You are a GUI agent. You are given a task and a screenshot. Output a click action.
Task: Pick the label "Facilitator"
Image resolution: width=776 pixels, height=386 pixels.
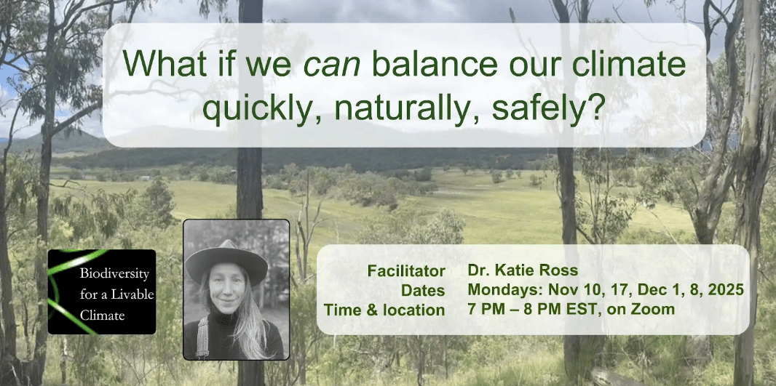point(405,271)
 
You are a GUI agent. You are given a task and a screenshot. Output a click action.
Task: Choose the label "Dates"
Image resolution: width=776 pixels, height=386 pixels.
point(423,290)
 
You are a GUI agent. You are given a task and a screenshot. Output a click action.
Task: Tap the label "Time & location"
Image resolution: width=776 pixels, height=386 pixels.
point(384,310)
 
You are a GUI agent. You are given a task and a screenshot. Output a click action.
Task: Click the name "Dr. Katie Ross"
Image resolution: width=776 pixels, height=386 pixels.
point(523,270)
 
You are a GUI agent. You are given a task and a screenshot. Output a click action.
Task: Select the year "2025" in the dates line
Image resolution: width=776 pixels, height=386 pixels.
point(724,290)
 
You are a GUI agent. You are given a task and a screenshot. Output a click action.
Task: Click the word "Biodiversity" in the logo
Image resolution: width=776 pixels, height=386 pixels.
point(115,274)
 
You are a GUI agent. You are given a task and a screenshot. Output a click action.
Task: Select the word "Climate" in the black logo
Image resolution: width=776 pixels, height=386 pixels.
point(103,315)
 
